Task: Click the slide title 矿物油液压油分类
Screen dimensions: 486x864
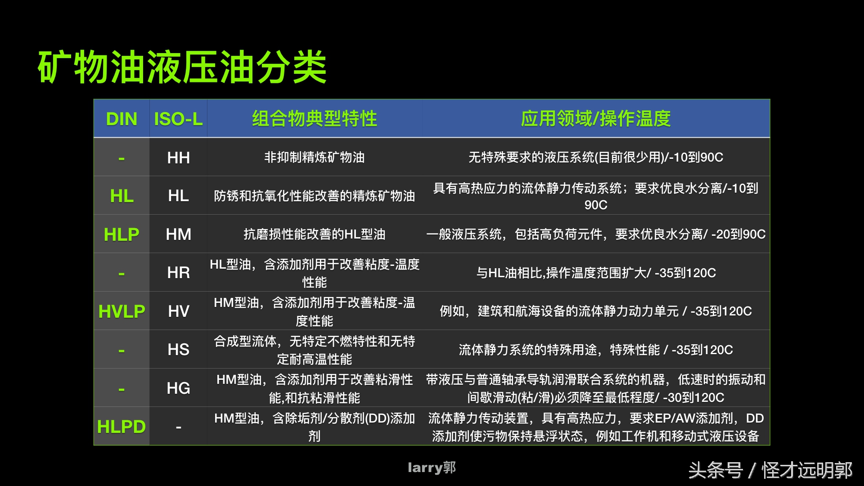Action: coord(182,67)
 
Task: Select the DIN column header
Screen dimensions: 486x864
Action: coord(121,119)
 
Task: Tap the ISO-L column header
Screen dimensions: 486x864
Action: coord(178,119)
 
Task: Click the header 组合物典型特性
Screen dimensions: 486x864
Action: coord(314,119)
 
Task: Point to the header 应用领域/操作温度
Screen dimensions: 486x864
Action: coord(595,119)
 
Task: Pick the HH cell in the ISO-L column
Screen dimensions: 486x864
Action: coord(178,157)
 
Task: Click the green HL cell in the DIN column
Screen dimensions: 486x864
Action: coord(121,196)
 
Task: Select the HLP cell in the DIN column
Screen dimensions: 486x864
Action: coord(121,234)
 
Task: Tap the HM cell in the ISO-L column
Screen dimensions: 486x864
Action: coord(178,234)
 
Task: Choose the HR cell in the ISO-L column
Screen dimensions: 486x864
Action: coord(178,273)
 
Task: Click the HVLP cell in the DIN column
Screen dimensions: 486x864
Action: coord(121,311)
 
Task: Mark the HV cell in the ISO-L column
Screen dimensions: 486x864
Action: coord(178,311)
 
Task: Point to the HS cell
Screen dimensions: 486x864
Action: coord(178,350)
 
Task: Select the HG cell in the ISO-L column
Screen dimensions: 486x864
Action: coord(178,388)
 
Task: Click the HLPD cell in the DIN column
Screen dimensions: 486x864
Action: coord(121,427)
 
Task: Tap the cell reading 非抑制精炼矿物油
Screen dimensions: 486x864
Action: coord(314,157)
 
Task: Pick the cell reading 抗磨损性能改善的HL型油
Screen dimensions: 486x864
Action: coord(314,234)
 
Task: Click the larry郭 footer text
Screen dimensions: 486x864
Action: coord(432,468)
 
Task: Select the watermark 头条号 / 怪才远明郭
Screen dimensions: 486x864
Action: coord(770,470)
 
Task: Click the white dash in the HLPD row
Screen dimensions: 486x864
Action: coord(178,427)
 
